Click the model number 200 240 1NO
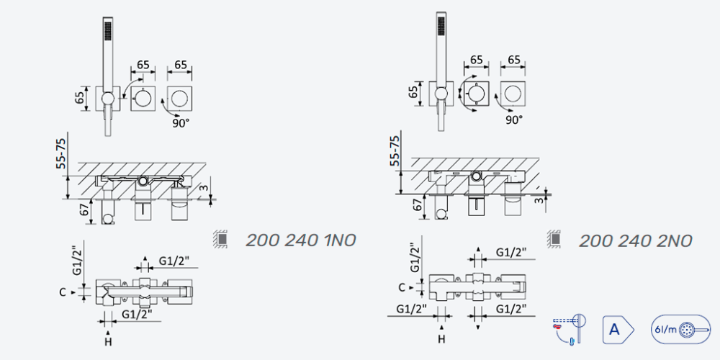(x=301, y=240)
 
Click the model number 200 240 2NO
(x=635, y=240)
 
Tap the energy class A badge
(x=618, y=329)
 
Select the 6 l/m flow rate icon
(x=680, y=329)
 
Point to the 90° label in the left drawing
(x=181, y=123)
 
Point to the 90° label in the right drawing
(x=514, y=120)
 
